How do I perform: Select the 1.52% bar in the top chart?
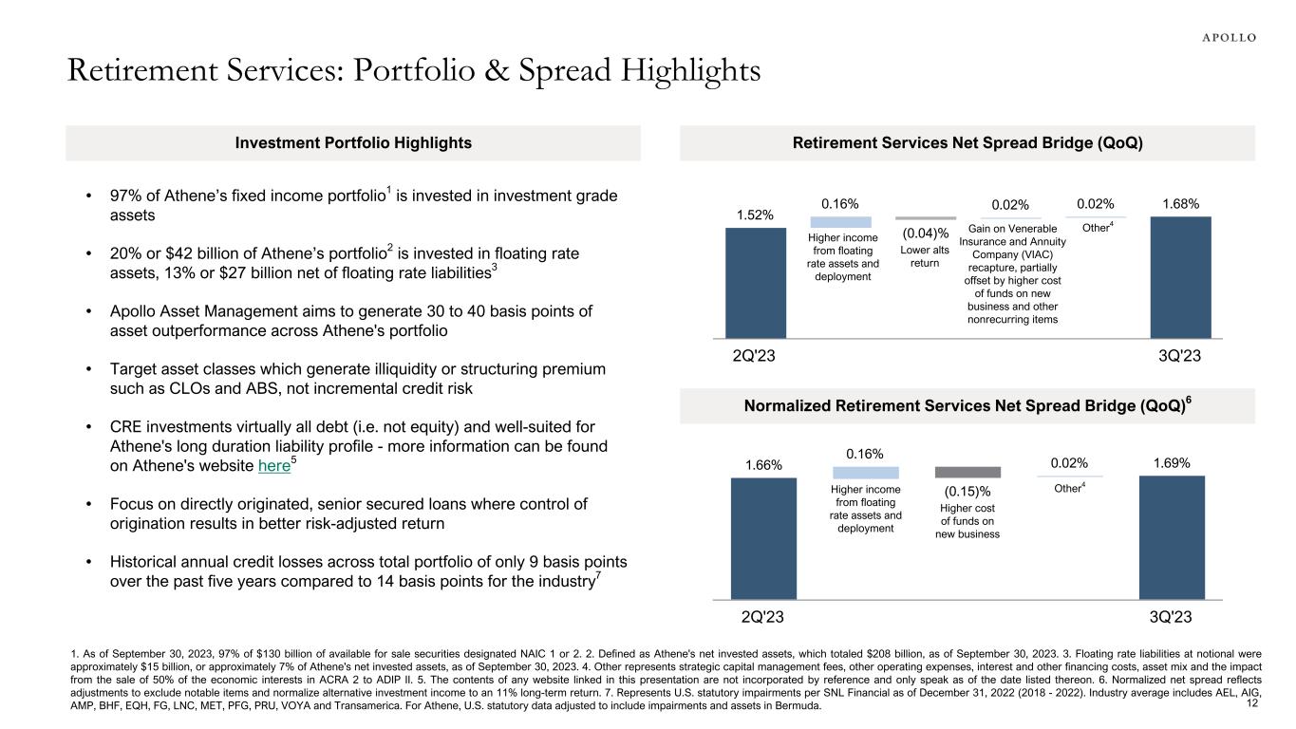click(x=756, y=283)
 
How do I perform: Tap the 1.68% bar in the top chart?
click(x=1181, y=277)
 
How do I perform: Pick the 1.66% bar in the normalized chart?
click(x=762, y=538)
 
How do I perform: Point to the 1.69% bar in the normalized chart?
click(x=1172, y=537)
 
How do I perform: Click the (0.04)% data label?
click(x=918, y=234)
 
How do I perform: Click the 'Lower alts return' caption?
click(x=918, y=256)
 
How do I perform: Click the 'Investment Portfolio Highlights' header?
click(x=352, y=143)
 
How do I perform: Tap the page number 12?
click(x=1251, y=703)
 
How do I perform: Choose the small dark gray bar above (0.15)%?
click(x=967, y=472)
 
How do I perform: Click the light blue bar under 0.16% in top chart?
click(x=839, y=222)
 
